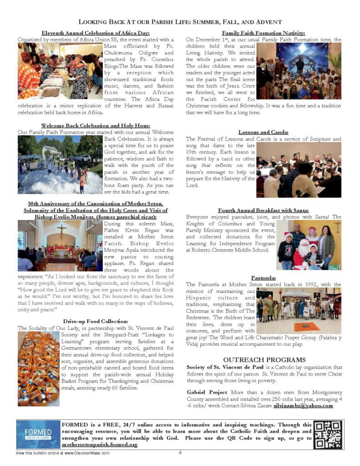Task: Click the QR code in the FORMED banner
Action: coord(328,434)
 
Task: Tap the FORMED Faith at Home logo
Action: coord(38,434)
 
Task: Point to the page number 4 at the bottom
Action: coord(180,452)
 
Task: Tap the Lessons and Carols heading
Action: coord(264,132)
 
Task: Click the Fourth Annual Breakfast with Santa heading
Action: coord(264,211)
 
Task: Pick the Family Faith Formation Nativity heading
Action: coord(264,33)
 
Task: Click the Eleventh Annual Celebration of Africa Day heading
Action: coord(96,33)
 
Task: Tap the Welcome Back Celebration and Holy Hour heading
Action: coord(96,125)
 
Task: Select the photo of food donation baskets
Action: coord(38,369)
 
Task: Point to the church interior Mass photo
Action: coord(61,246)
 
